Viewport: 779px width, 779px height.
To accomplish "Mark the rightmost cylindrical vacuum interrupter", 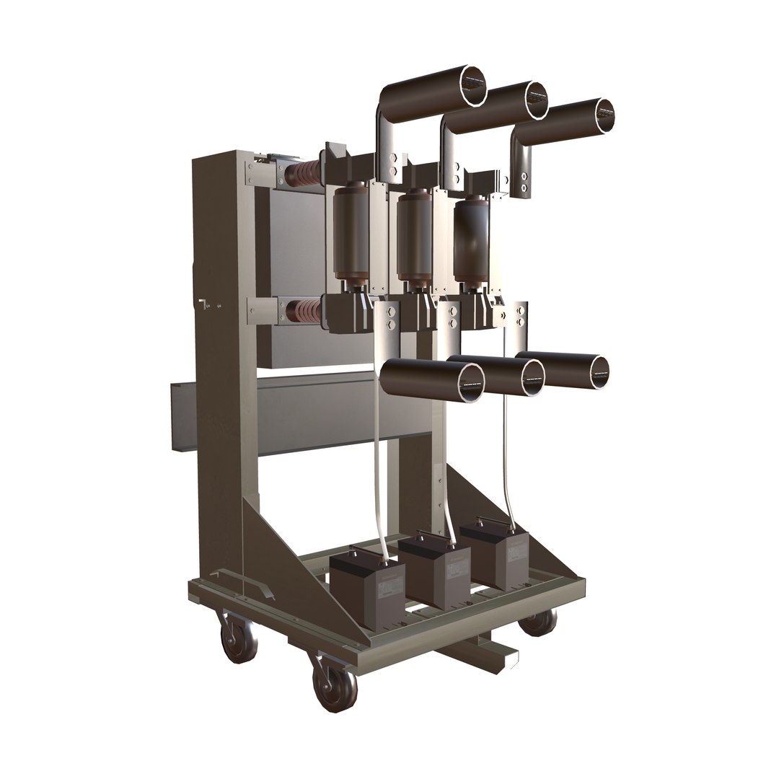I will click(471, 234).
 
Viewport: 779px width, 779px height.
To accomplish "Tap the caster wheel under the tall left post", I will click(239, 638).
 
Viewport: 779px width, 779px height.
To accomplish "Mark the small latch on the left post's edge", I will click(204, 304).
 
